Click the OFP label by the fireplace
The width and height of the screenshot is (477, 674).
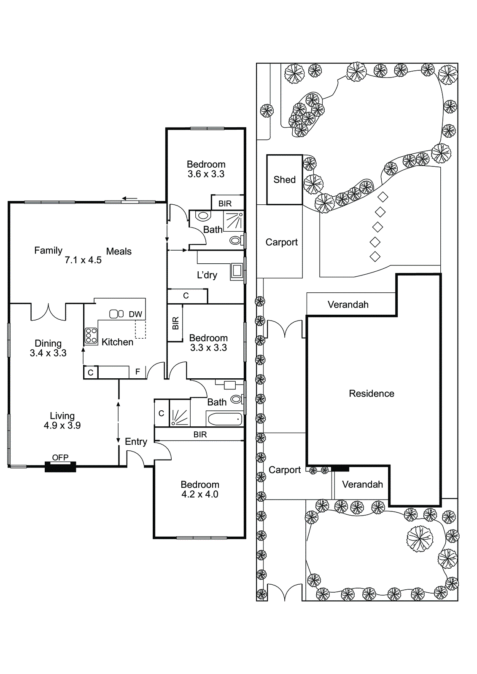(60, 457)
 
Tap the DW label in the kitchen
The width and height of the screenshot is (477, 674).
(135, 314)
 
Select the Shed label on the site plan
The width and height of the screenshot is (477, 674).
(285, 180)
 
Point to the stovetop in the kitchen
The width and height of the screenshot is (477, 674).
(91, 336)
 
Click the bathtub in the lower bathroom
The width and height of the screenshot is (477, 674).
(224, 419)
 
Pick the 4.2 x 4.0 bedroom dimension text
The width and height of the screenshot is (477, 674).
(200, 495)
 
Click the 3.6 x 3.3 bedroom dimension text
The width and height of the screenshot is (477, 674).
(206, 174)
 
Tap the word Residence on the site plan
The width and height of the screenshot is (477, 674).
(372, 393)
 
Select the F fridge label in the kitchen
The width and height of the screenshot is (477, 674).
(137, 372)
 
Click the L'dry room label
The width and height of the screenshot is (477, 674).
(207, 275)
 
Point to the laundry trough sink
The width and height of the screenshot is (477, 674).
(237, 271)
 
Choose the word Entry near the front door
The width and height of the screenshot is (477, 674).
(136, 441)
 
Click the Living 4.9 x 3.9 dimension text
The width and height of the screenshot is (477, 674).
(62, 425)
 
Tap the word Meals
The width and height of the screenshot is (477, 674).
(119, 251)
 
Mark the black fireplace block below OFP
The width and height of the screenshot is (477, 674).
(60, 467)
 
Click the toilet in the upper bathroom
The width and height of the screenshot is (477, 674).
(203, 216)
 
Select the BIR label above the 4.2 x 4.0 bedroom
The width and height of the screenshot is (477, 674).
(200, 435)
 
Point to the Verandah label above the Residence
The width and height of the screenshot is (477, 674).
(348, 305)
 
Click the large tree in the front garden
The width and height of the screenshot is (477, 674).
(420, 539)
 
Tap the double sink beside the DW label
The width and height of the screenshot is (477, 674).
(116, 314)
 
